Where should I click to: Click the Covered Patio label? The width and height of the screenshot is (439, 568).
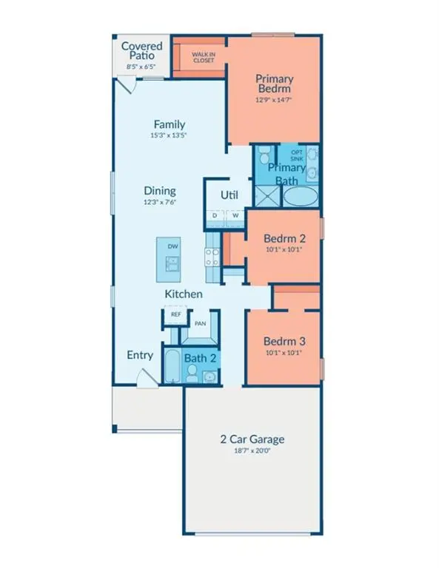click(x=142, y=51)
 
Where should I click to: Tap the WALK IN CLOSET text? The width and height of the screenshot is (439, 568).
click(x=204, y=57)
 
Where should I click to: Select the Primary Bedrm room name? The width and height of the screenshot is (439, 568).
click(x=275, y=84)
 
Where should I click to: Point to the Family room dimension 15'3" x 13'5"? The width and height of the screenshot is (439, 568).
click(x=170, y=136)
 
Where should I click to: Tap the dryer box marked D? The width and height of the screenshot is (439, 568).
click(x=215, y=216)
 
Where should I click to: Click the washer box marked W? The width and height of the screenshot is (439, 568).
click(x=235, y=216)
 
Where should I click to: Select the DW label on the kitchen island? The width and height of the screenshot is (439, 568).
click(x=172, y=246)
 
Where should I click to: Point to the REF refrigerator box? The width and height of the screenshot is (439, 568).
click(x=175, y=314)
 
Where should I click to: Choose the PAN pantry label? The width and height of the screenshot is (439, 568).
click(x=199, y=323)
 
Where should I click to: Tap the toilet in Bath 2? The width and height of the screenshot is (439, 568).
click(x=191, y=376)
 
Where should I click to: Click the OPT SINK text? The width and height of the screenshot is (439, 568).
click(x=296, y=155)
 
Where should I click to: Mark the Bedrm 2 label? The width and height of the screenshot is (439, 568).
click(x=284, y=239)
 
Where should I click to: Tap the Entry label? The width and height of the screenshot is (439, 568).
click(x=139, y=355)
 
